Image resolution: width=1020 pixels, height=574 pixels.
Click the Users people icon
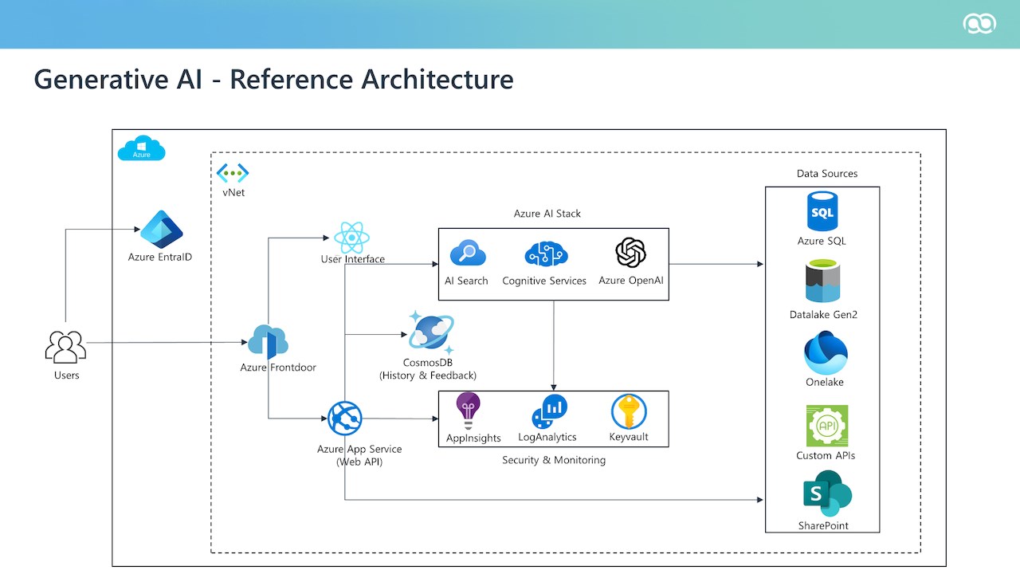click(x=65, y=347)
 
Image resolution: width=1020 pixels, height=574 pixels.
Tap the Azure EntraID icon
click(x=161, y=230)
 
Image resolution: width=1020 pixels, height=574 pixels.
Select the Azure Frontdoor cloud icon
click(x=268, y=341)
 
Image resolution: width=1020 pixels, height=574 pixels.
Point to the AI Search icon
click(x=467, y=254)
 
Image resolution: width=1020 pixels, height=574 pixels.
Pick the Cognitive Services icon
click(x=545, y=254)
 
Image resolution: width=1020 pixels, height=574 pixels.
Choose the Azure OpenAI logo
click(x=630, y=254)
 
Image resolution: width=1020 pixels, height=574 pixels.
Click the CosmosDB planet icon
click(x=431, y=332)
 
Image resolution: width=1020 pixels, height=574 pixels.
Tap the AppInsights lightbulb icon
click(x=468, y=411)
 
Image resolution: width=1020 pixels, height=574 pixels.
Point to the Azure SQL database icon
click(x=822, y=211)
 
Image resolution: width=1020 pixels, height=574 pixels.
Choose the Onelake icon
click(x=825, y=353)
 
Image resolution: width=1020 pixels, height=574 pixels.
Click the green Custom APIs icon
click(x=826, y=426)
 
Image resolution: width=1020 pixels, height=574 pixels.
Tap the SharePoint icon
click(x=826, y=493)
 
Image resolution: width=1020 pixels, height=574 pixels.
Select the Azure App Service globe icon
click(x=345, y=419)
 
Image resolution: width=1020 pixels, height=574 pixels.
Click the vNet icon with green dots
click(x=233, y=172)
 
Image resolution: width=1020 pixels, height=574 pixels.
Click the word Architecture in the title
click(x=437, y=79)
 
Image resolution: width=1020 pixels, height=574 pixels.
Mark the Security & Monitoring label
click(x=554, y=460)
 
